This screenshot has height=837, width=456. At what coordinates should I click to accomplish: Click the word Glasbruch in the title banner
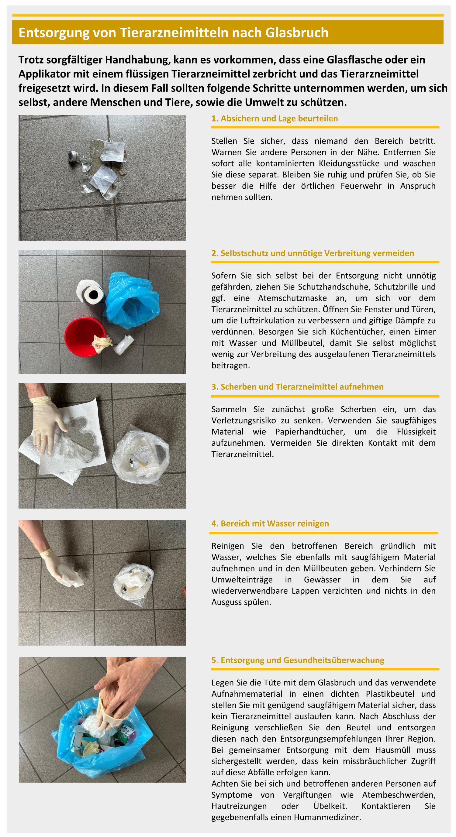[x=297, y=33]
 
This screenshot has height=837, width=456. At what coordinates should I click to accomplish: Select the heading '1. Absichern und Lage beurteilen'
[x=275, y=118]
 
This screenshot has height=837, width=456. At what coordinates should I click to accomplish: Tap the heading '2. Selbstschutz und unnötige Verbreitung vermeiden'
[x=313, y=253]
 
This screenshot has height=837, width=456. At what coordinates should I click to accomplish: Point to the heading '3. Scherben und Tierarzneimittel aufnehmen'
[x=297, y=387]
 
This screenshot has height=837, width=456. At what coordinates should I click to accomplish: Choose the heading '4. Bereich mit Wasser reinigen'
[x=270, y=523]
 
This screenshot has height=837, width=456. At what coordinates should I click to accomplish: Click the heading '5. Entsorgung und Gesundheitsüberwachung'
[x=298, y=660]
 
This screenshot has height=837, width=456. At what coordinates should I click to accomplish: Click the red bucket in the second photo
[x=85, y=337]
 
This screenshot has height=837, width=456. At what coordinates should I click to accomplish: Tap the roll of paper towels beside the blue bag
[x=90, y=292]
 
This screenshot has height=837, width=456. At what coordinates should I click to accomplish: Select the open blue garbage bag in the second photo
[x=132, y=300]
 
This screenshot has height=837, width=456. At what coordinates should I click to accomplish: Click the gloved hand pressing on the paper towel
[x=47, y=424]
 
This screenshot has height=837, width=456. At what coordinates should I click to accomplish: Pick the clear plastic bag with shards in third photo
[x=141, y=454]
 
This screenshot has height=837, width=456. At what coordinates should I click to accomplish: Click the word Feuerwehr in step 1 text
[x=361, y=186]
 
